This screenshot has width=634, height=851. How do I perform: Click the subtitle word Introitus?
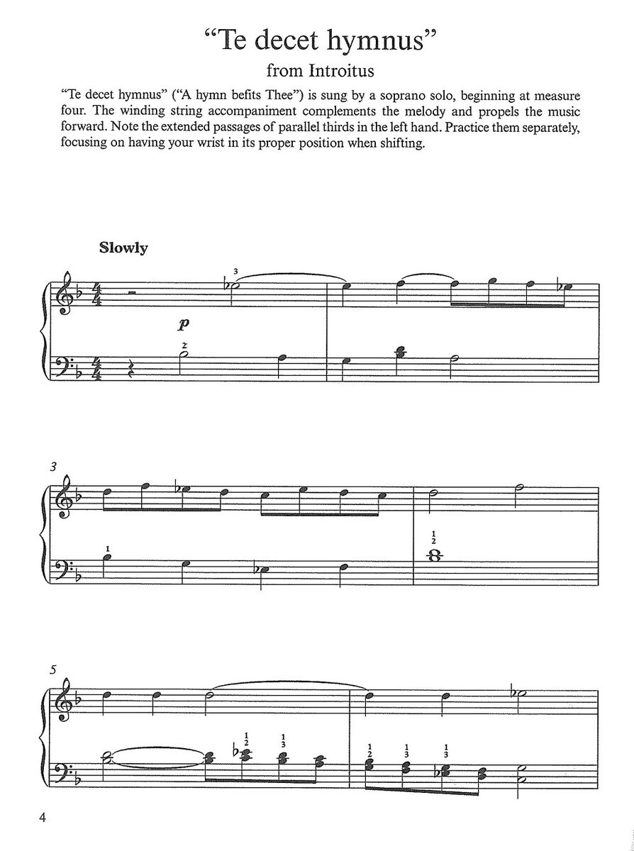click(341, 70)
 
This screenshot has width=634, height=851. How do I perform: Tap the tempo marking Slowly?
click(123, 248)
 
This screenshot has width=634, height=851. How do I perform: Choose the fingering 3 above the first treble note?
click(235, 274)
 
